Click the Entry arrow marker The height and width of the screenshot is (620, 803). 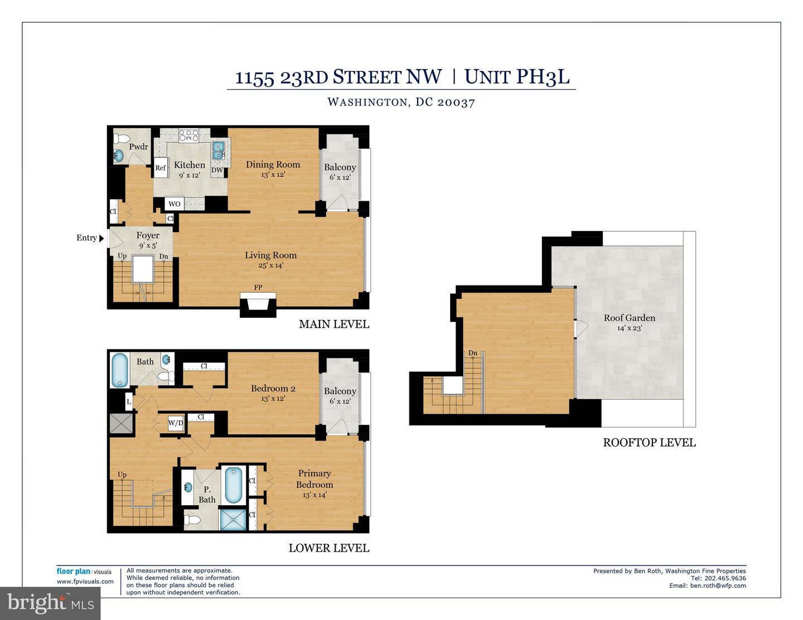pyautogui.click(x=101, y=238)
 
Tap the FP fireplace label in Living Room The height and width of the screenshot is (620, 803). pyautogui.click(x=258, y=288)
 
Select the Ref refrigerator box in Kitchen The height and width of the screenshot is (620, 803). pyautogui.click(x=161, y=168)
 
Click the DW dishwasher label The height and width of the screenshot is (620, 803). pyautogui.click(x=217, y=170)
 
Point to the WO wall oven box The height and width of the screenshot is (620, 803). pyautogui.click(x=175, y=204)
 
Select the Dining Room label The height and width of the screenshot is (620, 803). pyautogui.click(x=273, y=164)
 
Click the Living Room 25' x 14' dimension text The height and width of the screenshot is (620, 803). pyautogui.click(x=270, y=265)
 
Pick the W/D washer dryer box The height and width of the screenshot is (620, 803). pyautogui.click(x=176, y=423)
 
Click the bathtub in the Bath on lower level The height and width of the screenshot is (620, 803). pyautogui.click(x=119, y=370)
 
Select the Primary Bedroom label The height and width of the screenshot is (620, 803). pyautogui.click(x=315, y=479)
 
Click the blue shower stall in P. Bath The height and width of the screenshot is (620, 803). pyautogui.click(x=233, y=519)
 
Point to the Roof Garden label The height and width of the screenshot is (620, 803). pyautogui.click(x=629, y=318)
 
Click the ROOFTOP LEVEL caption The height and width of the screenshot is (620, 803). pyautogui.click(x=649, y=443)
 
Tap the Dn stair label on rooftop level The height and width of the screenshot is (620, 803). pyautogui.click(x=472, y=353)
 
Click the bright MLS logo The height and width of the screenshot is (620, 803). pyautogui.click(x=50, y=603)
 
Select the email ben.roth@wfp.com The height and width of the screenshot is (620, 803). pyautogui.click(x=718, y=585)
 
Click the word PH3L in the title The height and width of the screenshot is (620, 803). pyautogui.click(x=543, y=76)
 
